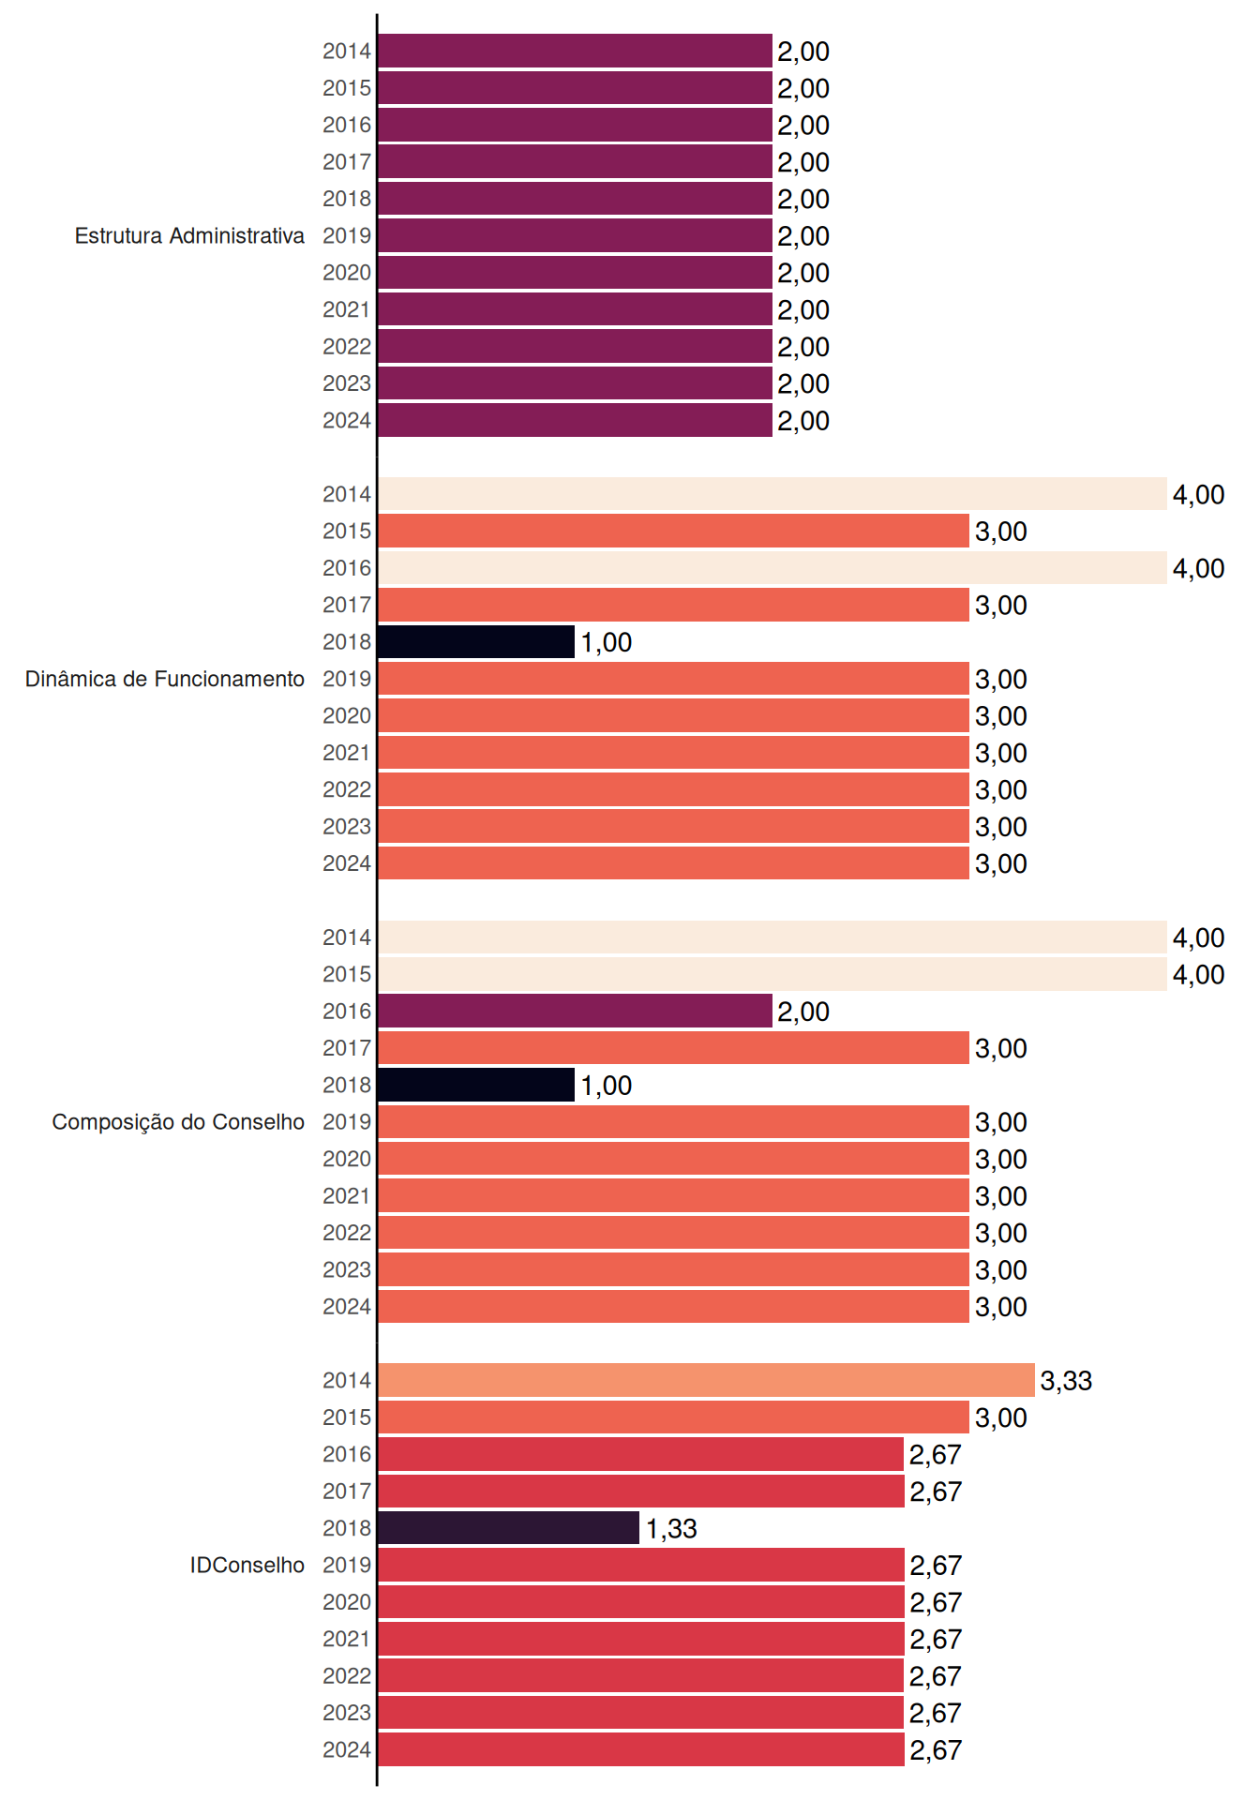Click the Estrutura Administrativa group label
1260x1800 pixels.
pyautogui.click(x=189, y=235)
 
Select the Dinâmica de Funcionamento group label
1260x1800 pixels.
pyautogui.click(x=165, y=679)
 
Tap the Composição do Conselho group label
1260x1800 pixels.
pyautogui.click(x=178, y=1122)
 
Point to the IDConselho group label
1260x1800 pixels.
pyautogui.click(x=247, y=1565)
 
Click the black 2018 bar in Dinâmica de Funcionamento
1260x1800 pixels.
pyautogui.click(x=476, y=642)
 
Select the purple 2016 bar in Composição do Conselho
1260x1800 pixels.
pyautogui.click(x=576, y=1011)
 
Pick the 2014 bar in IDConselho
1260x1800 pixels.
pyautogui.click(x=707, y=1380)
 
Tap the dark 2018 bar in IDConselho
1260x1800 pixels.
pyautogui.click(x=509, y=1528)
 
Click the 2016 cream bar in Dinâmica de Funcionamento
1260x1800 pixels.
pyautogui.click(x=772, y=568)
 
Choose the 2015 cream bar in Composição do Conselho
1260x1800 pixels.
pyautogui.click(x=772, y=974)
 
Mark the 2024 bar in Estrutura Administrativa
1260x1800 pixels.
pyautogui.click(x=576, y=420)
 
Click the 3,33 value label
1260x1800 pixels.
pyautogui.click(x=1066, y=1381)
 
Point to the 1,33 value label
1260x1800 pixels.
pyautogui.click(x=671, y=1529)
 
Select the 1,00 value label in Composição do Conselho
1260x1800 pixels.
pyautogui.click(x=606, y=1086)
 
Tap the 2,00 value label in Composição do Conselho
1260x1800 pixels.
pyautogui.click(x=803, y=1012)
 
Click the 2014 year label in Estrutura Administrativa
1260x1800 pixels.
pyautogui.click(x=347, y=52)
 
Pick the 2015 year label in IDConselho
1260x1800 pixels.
pyautogui.click(x=347, y=1417)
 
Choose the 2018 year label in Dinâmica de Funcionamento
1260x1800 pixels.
pyautogui.click(x=347, y=642)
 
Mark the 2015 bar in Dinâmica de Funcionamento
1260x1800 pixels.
pyautogui.click(x=674, y=531)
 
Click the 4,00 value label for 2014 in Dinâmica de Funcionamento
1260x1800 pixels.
pyautogui.click(x=1198, y=495)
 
